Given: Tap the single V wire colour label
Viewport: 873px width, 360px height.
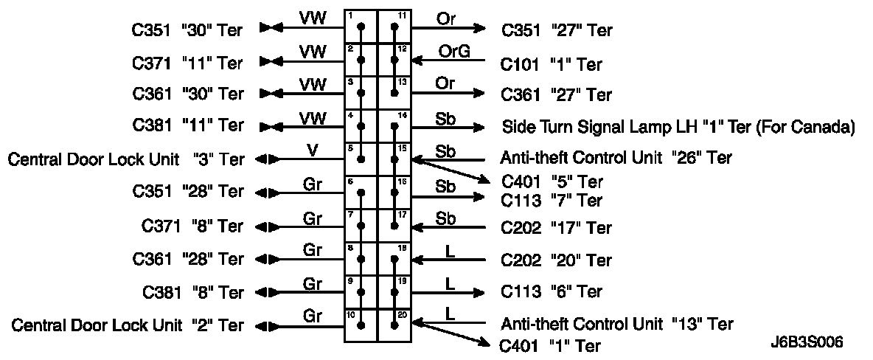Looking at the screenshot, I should click(313, 150).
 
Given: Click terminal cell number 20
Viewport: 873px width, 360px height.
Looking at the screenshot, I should click(394, 325).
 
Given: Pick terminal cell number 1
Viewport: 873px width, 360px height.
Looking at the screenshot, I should click(361, 27).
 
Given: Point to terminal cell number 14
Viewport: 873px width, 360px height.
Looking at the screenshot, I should click(394, 126).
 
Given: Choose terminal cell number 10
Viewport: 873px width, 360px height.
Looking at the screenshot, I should click(361, 325).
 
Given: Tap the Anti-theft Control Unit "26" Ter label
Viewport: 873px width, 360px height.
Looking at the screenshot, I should click(616, 157).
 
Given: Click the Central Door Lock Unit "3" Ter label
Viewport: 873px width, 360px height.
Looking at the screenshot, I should click(125, 159).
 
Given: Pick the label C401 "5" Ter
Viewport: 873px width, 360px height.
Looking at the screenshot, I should click(552, 181).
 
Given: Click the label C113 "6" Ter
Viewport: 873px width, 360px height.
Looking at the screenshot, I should click(552, 292).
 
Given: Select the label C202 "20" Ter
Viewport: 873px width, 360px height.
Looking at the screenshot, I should click(556, 260).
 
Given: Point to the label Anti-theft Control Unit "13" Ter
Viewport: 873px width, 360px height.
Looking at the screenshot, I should click(616, 323).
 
